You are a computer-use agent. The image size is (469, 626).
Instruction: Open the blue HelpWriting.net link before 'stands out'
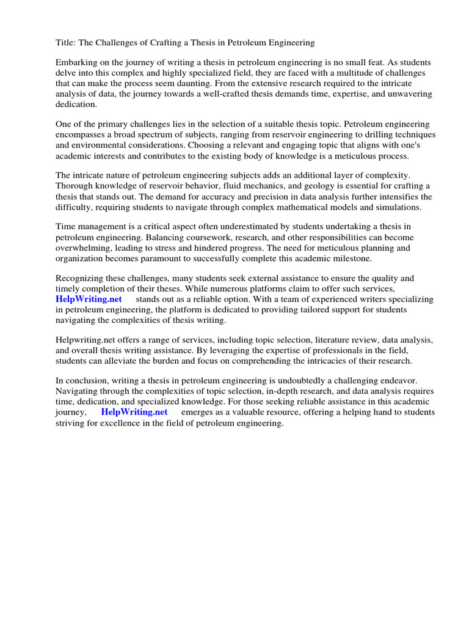89,299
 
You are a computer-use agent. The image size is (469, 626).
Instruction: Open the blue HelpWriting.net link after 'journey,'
134,412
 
